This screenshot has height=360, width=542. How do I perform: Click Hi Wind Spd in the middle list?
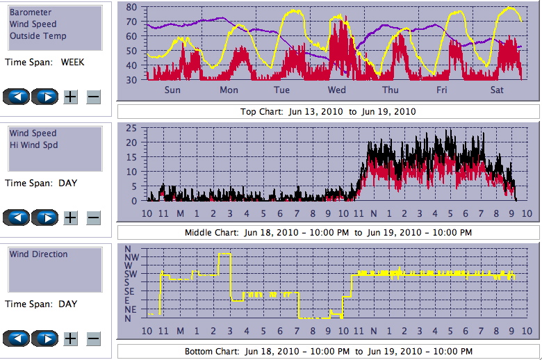tap(33, 145)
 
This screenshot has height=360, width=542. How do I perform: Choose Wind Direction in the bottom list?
tap(39, 254)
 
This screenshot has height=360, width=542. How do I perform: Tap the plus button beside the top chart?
tap(71, 97)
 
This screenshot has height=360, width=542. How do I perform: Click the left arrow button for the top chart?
tap(16, 97)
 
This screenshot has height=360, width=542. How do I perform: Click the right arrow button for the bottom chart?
tap(46, 338)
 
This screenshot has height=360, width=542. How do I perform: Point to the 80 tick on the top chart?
tap(131, 7)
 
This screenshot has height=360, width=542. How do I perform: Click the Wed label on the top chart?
tap(337, 90)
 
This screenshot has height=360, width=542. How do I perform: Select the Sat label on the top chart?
tap(498, 90)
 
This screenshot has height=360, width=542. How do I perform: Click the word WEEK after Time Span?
tap(73, 63)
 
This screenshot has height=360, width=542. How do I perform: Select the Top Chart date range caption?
tap(328, 112)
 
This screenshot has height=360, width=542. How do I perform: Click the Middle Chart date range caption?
tap(328, 232)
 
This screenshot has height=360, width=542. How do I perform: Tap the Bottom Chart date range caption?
tap(328, 352)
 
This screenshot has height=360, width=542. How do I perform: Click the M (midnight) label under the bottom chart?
tap(179, 332)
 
